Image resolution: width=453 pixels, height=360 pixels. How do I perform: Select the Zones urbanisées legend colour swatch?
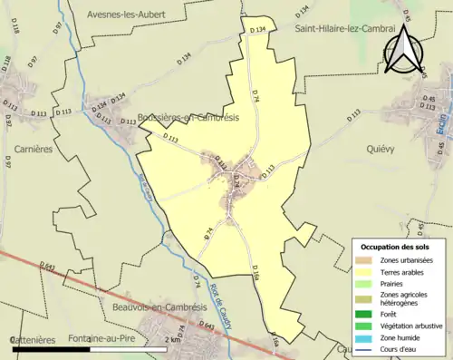point(369,261)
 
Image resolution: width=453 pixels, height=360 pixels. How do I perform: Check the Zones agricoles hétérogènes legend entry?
point(410,298)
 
